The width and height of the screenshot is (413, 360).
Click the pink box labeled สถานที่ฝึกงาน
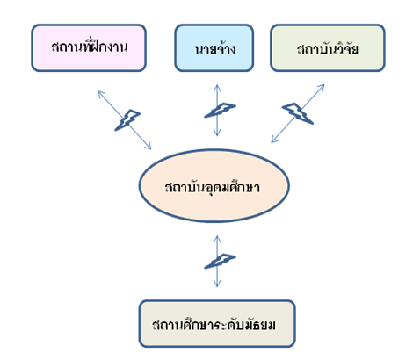89,47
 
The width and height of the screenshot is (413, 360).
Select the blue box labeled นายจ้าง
214,47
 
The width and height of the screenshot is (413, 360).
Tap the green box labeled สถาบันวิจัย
328,47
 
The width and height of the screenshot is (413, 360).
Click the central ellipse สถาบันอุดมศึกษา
214,186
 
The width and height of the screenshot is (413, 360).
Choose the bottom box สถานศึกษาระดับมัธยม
217,323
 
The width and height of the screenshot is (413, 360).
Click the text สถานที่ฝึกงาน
90,47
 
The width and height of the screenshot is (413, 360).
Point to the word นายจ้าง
215,48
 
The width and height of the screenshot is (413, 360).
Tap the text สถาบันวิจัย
328,48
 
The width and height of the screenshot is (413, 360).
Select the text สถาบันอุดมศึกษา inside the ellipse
213,187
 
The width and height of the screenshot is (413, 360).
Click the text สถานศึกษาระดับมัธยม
214,325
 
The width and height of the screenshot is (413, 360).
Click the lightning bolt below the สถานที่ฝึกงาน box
127,120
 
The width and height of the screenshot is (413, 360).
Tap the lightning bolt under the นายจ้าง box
220,110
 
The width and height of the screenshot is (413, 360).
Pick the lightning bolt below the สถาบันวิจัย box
298,113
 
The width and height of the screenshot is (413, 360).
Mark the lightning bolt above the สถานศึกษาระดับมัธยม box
220,261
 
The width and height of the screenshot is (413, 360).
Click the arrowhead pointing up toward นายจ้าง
217,88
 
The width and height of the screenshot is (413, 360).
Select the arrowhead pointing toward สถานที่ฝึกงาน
101,94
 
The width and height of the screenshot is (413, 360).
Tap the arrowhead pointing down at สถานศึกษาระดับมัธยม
217,284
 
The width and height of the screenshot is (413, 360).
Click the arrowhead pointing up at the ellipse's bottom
217,239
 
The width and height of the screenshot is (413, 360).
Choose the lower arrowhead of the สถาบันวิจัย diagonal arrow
274,140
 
